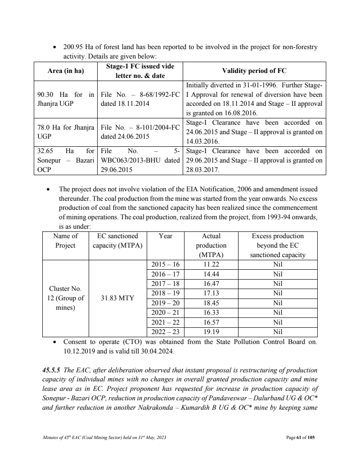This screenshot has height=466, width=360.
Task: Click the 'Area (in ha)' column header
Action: (66, 71)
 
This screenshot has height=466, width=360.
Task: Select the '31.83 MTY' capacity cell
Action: (115, 298)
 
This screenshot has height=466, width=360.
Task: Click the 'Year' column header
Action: (166, 236)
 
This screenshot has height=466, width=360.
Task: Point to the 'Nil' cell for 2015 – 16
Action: (278, 265)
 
